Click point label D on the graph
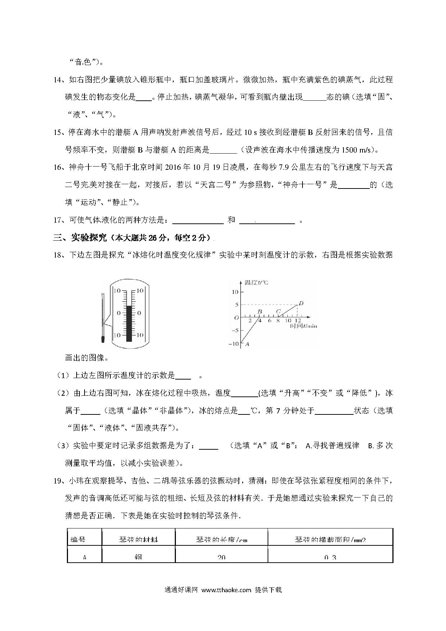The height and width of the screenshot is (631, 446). pyautogui.click(x=301, y=303)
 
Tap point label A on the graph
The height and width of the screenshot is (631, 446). pyautogui.click(x=247, y=344)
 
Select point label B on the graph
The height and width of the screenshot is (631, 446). pyautogui.click(x=259, y=312)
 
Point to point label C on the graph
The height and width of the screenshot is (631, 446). pyautogui.click(x=278, y=312)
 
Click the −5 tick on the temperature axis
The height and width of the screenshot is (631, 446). pyautogui.click(x=235, y=331)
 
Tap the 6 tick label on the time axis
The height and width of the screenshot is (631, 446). pyautogui.click(x=270, y=321)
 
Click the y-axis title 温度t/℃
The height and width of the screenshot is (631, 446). pyautogui.click(x=256, y=282)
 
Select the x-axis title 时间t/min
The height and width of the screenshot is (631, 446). pyautogui.click(x=304, y=326)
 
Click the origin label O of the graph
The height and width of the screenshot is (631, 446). pyautogui.click(x=236, y=318)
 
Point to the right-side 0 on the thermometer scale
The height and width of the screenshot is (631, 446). pyautogui.click(x=140, y=313)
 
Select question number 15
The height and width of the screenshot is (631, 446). pyautogui.click(x=58, y=132)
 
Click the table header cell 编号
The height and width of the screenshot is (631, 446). pyautogui.click(x=78, y=540)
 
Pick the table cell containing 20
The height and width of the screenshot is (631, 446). pyautogui.click(x=221, y=557)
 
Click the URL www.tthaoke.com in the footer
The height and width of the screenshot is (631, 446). pyautogui.click(x=226, y=590)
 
